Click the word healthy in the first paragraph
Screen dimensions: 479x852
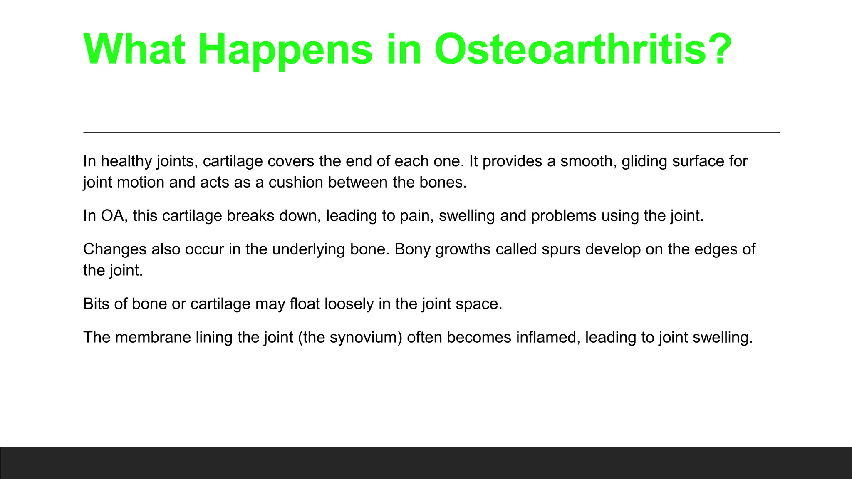pyautogui.click(x=126, y=161)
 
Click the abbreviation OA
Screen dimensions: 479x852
pyautogui.click(x=112, y=216)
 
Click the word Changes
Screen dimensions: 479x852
pyautogui.click(x=115, y=249)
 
